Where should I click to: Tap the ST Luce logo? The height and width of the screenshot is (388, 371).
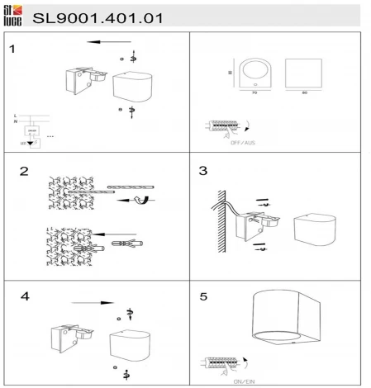12,14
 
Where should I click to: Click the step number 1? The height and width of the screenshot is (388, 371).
12,50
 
